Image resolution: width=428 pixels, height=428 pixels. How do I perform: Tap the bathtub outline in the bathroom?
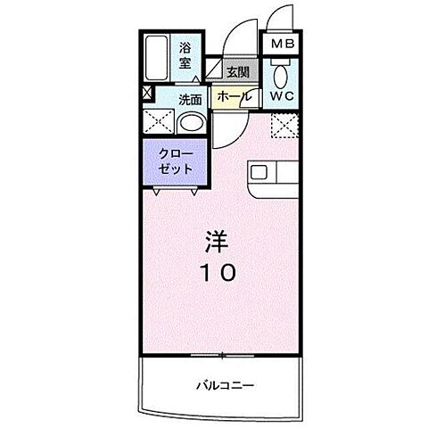[x=159, y=60]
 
